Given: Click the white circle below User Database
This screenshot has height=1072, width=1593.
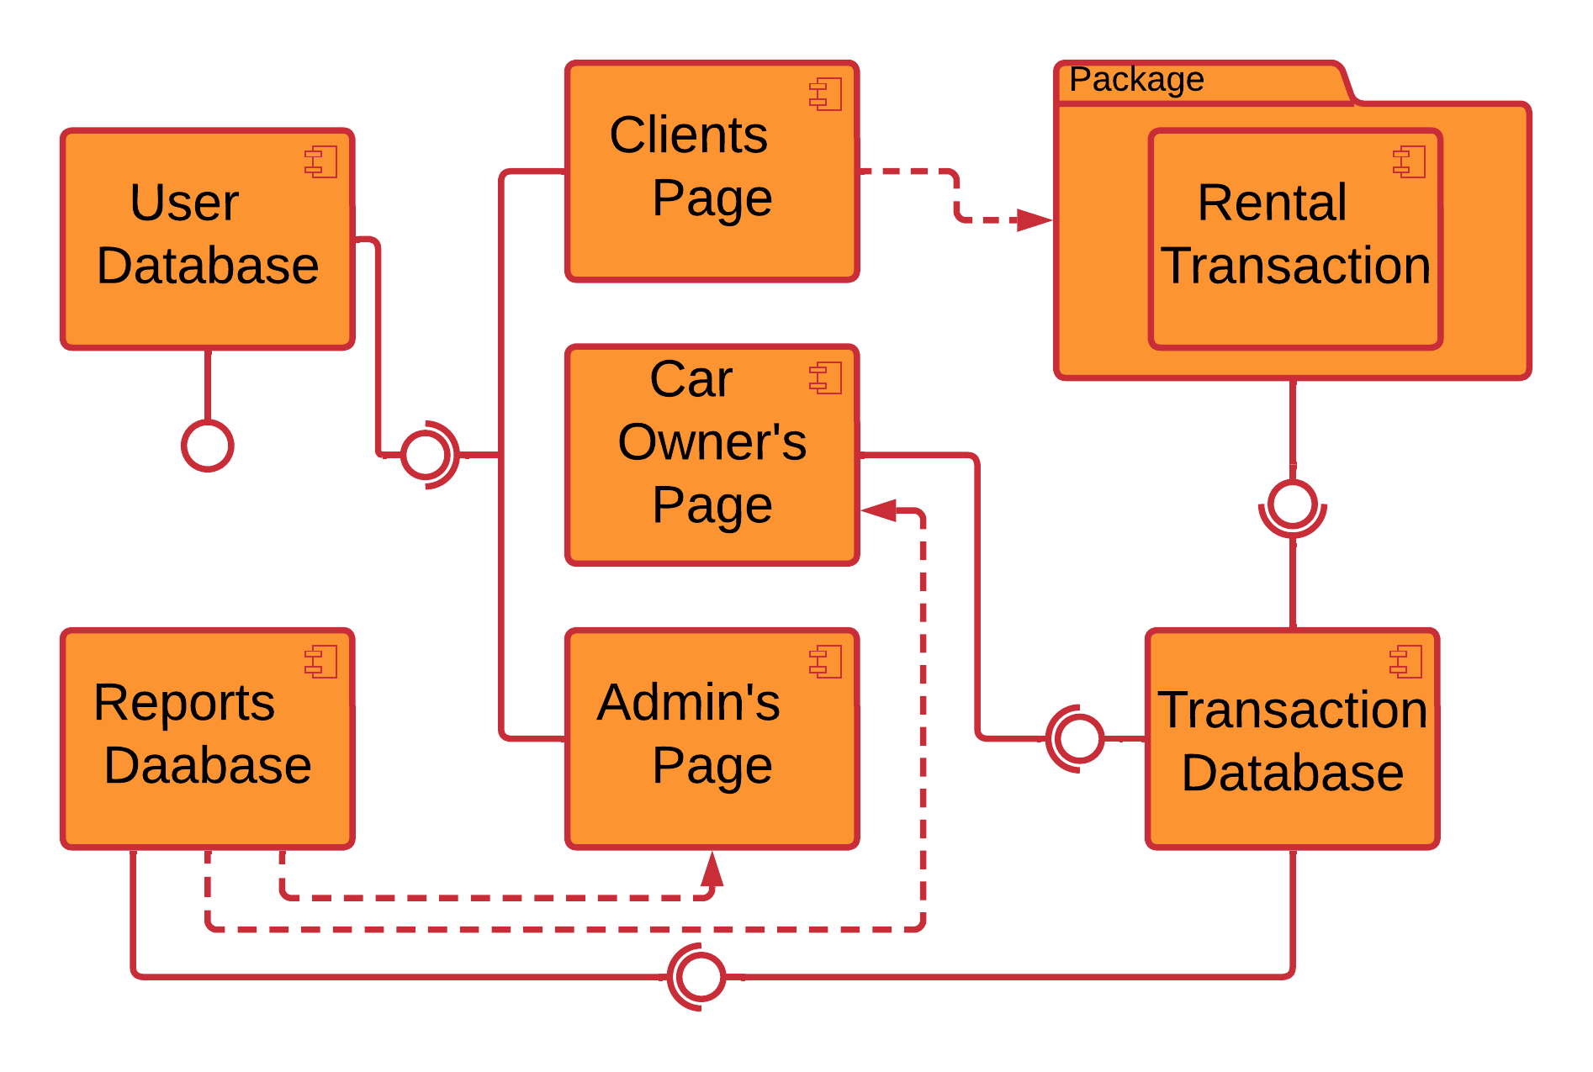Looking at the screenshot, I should click(x=207, y=446).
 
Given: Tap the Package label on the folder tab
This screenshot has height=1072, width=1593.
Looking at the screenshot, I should click(x=1136, y=81).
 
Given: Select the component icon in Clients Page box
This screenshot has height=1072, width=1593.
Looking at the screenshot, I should click(x=826, y=94).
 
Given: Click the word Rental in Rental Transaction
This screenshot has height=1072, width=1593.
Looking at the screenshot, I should click(x=1271, y=203).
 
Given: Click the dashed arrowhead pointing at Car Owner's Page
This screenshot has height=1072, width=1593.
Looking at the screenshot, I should click(x=880, y=510).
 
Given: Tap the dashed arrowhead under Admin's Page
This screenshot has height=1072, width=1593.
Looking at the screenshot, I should click(x=712, y=871).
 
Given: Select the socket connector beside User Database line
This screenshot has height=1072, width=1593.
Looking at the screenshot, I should click(x=427, y=455).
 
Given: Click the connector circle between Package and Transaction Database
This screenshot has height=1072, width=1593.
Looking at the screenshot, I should click(x=1292, y=505).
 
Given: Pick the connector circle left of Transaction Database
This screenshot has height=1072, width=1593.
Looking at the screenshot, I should click(x=1078, y=738).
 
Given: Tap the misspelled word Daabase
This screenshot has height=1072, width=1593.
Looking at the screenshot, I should click(x=208, y=766).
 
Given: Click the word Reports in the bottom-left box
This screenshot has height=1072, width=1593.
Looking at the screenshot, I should click(x=184, y=702).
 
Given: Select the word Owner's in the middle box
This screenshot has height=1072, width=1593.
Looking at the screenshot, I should click(x=712, y=442).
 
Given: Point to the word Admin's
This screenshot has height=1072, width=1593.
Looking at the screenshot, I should click(x=688, y=702).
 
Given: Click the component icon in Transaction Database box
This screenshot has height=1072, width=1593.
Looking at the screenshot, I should click(x=1406, y=662).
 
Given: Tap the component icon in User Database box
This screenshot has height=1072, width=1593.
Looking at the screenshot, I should click(x=321, y=161).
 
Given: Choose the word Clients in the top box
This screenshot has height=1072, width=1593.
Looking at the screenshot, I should click(x=688, y=135).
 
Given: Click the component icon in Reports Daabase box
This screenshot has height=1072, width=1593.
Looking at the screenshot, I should click(x=321, y=662).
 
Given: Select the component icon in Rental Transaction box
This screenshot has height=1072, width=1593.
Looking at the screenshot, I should click(x=1410, y=161).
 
